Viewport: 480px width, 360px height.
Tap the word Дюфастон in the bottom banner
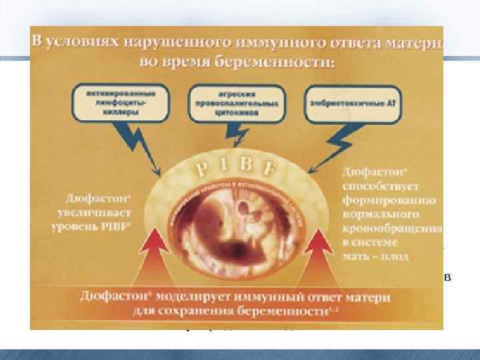click(x=107, y=295)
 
